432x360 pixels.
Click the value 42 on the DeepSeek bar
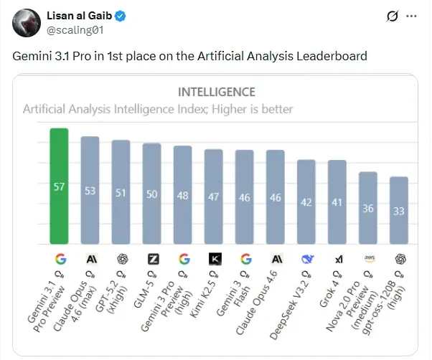point(306,202)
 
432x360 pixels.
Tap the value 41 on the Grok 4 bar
point(337,203)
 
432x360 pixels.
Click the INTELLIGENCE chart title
point(216,92)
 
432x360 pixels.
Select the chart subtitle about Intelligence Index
point(158,109)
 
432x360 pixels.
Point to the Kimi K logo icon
point(214,259)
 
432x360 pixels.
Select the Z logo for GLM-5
point(152,259)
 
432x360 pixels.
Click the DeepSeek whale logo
point(306,259)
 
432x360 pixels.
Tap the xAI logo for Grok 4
point(337,259)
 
